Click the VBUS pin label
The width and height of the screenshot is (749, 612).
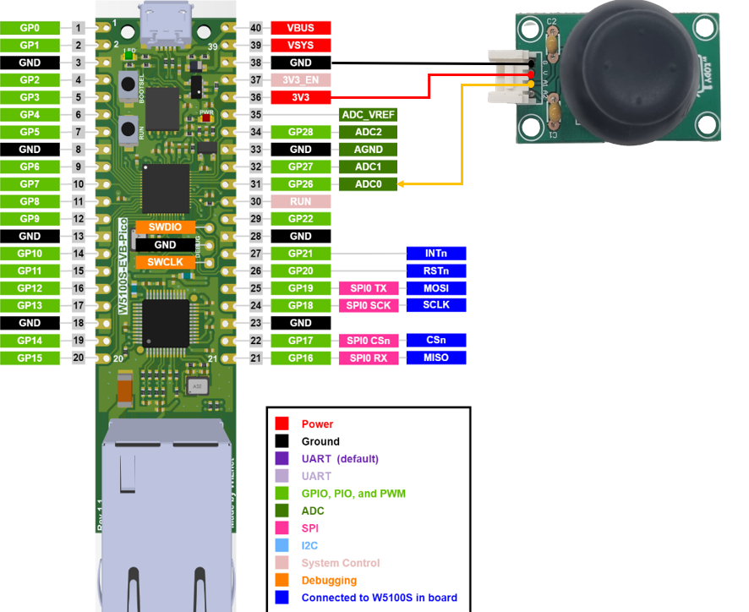(300, 28)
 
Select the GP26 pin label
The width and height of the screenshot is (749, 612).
(300, 184)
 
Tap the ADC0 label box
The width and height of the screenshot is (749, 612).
(368, 184)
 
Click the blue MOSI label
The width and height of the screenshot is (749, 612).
(436, 288)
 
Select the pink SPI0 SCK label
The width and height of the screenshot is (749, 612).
(368, 305)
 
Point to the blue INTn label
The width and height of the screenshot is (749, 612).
(436, 254)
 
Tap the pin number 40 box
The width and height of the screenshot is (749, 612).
(256, 28)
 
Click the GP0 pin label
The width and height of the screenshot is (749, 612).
(30, 28)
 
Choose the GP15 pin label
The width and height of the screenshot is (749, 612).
(30, 358)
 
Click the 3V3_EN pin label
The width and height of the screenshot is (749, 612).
(300, 80)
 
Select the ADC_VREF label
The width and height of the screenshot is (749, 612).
(368, 115)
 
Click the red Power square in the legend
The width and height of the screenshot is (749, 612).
(282, 423)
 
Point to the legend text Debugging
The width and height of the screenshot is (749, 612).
(329, 581)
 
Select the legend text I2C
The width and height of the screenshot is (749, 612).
(309, 546)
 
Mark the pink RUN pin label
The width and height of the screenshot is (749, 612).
(300, 202)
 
